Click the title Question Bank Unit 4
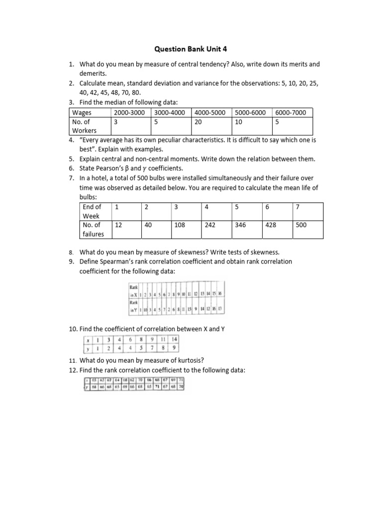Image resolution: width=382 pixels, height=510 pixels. pos(191,49)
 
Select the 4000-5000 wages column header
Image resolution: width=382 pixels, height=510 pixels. pos(211,113)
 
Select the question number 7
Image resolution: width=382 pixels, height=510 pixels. pos(72,178)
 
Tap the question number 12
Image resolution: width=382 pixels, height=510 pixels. pos(73,369)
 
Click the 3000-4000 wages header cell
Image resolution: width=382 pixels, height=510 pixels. pos(170,113)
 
